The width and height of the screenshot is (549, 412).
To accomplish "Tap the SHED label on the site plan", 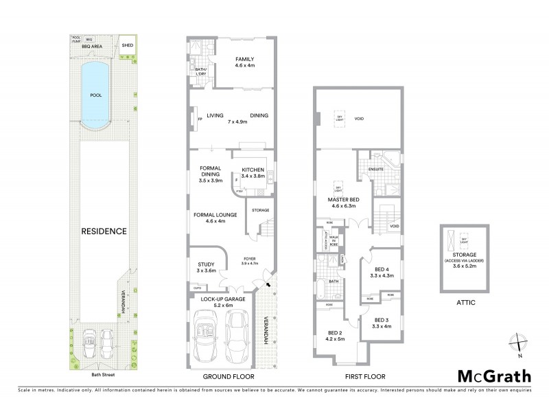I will pyautogui.click(x=127, y=46).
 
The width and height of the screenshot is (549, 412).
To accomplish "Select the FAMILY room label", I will pyautogui.click(x=244, y=59).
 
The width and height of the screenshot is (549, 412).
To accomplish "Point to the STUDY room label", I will pyautogui.click(x=206, y=264).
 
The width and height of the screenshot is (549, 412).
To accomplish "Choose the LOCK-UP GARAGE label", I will pyautogui.click(x=223, y=300).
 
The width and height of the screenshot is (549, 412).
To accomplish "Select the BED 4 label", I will pyautogui.click(x=383, y=269).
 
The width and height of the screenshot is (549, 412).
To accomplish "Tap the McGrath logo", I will pyautogui.click(x=493, y=376).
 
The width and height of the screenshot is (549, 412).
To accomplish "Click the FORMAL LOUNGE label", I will pyautogui.click(x=215, y=215).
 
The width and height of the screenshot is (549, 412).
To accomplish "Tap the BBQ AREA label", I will pyautogui.click(x=91, y=46).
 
